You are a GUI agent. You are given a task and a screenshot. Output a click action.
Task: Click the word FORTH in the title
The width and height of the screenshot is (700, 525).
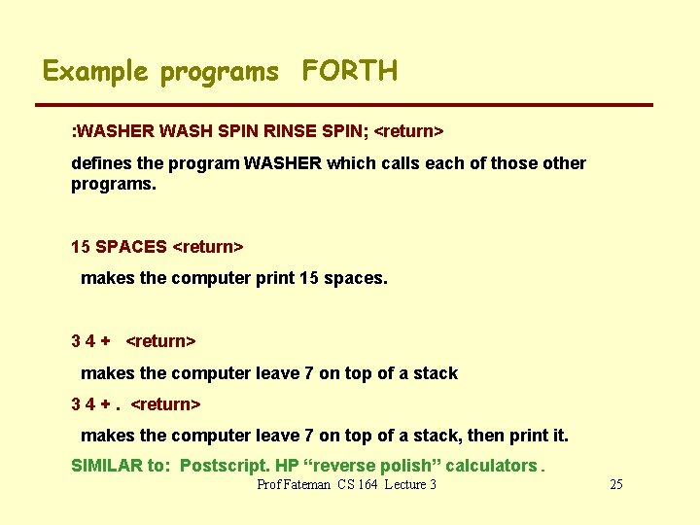(349, 71)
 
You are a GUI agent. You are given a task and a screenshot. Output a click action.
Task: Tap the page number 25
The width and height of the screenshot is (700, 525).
(614, 484)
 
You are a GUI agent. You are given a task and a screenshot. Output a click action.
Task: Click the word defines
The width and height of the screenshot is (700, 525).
(101, 163)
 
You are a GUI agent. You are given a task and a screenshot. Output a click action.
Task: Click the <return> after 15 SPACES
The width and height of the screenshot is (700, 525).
(207, 247)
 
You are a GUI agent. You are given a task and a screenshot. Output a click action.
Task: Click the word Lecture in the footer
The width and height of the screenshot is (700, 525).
(403, 484)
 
